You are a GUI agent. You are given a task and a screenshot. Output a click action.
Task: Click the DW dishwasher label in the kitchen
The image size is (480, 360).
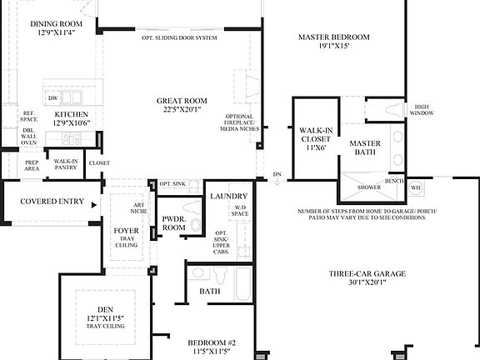pyautogui.click(x=52, y=98)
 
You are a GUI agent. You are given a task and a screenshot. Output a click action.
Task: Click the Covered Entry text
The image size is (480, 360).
pyautogui.click(x=51, y=202)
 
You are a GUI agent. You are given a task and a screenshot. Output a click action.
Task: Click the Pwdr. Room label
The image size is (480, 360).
pyautogui.click(x=173, y=222)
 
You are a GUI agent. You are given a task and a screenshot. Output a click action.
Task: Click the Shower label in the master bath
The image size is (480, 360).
pyautogui.click(x=369, y=187)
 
